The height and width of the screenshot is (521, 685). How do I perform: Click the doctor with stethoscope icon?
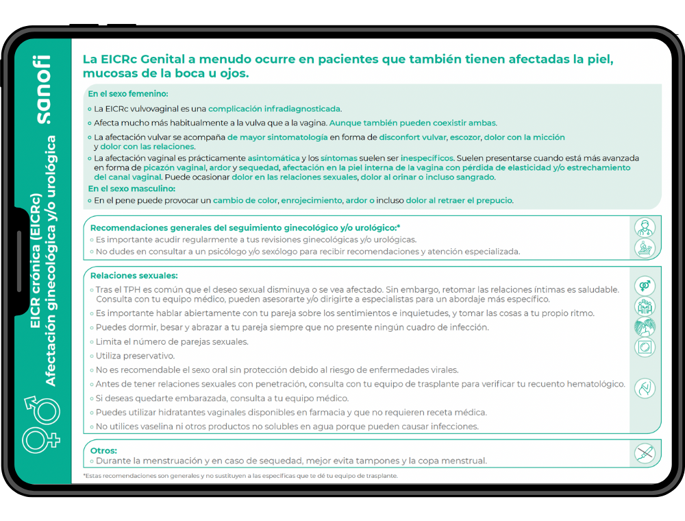pyautogui.click(x=645, y=227)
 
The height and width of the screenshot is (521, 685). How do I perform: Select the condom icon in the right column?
pyautogui.click(x=645, y=348)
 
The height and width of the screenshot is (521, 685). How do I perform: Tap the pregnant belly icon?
pyautogui.click(x=645, y=389)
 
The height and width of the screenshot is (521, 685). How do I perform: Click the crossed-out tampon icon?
pyautogui.click(x=645, y=453)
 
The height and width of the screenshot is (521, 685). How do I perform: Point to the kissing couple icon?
pyautogui.click(x=645, y=327)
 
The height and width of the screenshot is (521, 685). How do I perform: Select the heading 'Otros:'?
pyautogui.click(x=103, y=450)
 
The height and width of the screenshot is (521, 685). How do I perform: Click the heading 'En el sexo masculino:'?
pyautogui.click(x=132, y=188)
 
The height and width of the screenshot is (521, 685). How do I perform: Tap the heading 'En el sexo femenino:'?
pyautogui.click(x=128, y=94)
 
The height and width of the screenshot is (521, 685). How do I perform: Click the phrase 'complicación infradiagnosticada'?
pyautogui.click(x=274, y=108)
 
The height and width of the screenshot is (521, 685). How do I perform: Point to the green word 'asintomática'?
pyautogui.click(x=273, y=158)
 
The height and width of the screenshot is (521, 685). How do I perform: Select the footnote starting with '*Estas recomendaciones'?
pyautogui.click(x=240, y=475)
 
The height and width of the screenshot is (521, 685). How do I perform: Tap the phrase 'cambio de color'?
pyautogui.click(x=245, y=201)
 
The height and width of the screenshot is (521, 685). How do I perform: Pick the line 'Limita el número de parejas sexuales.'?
pyautogui.click(x=172, y=341)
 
